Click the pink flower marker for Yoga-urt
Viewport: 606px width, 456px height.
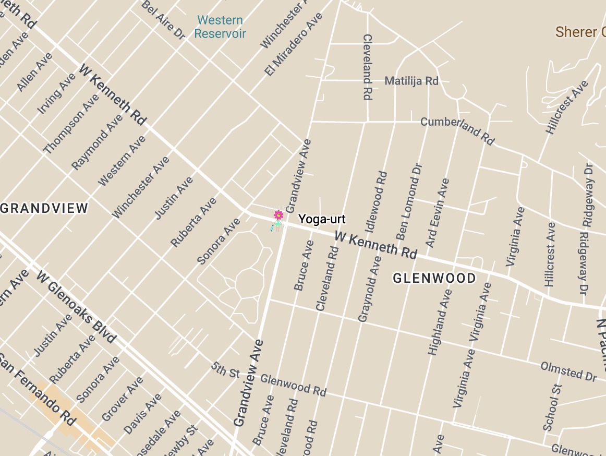pos(278,215)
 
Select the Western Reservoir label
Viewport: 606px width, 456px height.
pos(220,27)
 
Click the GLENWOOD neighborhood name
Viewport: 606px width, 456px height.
pos(434,279)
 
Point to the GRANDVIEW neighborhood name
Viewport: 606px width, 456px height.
pos(44,209)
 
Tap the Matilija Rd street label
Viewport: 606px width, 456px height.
pos(411,81)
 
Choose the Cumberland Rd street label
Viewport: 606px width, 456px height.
pos(457,130)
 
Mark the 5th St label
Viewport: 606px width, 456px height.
pos(226,370)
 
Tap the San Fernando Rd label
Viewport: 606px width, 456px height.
pos(37,389)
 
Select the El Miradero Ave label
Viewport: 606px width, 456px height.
pos(294,44)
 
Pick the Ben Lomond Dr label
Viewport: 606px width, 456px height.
pos(409,201)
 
